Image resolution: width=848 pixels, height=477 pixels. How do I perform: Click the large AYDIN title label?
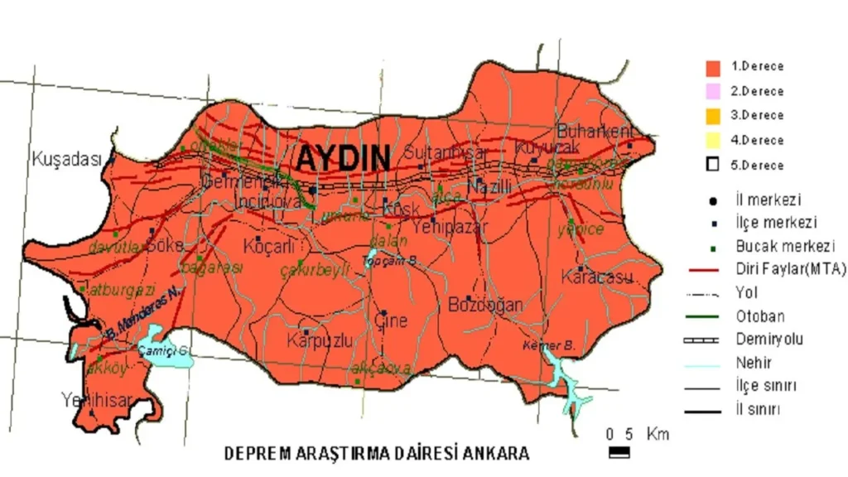pos(343,157)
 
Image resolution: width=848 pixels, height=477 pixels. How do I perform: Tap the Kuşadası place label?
pos(65,159)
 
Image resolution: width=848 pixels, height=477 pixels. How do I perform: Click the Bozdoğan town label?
pos(485,305)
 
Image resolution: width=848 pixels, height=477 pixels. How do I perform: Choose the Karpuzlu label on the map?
pos(320,340)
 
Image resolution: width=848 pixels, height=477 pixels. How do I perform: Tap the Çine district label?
pos(391,320)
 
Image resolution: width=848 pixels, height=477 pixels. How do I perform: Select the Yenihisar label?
pos(97,401)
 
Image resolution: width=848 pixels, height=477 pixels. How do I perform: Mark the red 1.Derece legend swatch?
pos(712,67)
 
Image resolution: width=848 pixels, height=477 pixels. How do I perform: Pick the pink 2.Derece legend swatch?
pos(712,91)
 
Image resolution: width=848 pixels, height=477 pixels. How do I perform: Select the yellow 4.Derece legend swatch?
pos(712,140)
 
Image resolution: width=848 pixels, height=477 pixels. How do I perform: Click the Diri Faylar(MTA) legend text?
pos(791,269)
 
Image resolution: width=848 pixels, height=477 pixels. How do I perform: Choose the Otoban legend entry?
pos(759,316)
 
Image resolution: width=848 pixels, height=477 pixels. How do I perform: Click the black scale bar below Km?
pos(619,452)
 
